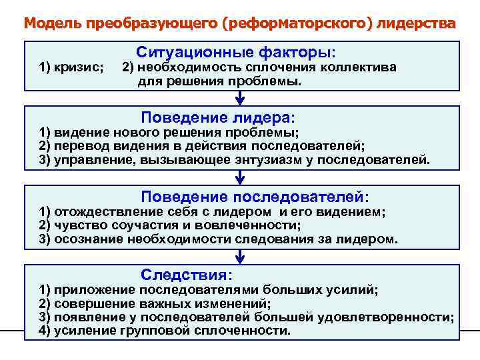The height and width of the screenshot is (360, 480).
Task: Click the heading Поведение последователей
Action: coord(255,197)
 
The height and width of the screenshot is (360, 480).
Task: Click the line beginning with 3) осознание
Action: coord(219,239)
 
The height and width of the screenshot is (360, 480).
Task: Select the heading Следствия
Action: coord(187,275)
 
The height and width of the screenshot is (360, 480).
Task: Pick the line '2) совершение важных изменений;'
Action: coord(155,303)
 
